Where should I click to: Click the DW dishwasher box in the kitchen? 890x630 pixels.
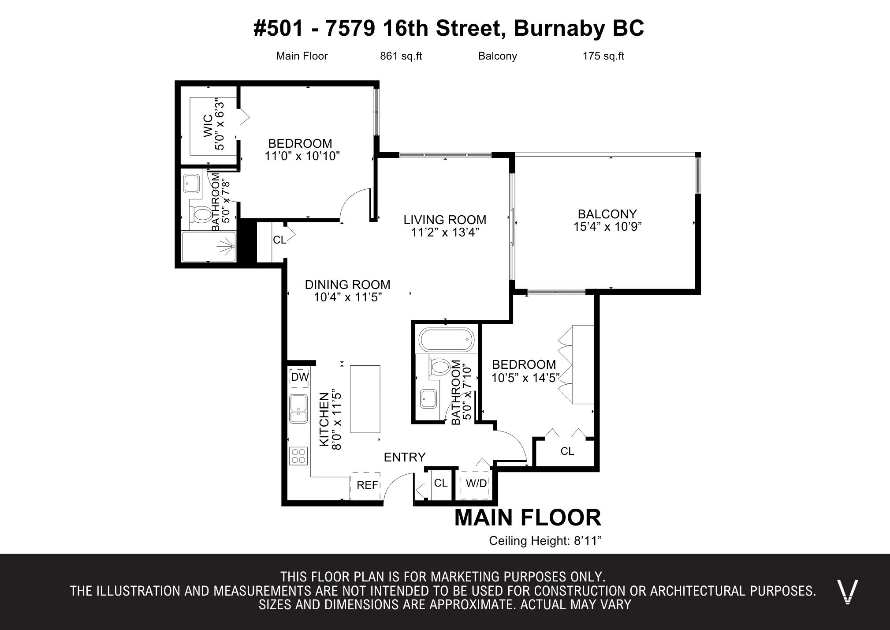300,377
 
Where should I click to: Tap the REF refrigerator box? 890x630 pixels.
365,485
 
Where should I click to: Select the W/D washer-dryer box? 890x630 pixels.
476,484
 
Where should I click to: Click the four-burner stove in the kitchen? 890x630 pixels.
298,456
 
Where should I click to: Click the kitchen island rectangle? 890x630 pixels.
365,399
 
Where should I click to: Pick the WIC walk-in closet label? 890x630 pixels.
208,127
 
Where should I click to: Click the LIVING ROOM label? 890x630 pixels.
445,220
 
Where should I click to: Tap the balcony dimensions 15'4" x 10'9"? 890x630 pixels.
607,227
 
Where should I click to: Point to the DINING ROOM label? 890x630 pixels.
348,285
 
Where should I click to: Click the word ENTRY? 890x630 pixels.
405,457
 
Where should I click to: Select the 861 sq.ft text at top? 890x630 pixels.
401,56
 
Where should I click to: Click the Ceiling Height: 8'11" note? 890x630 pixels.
545,541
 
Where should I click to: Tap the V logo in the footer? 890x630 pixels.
847,592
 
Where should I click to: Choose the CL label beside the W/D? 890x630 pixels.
441,483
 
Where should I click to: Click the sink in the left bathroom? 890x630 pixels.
191,183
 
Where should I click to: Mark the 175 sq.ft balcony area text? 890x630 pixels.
603,56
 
